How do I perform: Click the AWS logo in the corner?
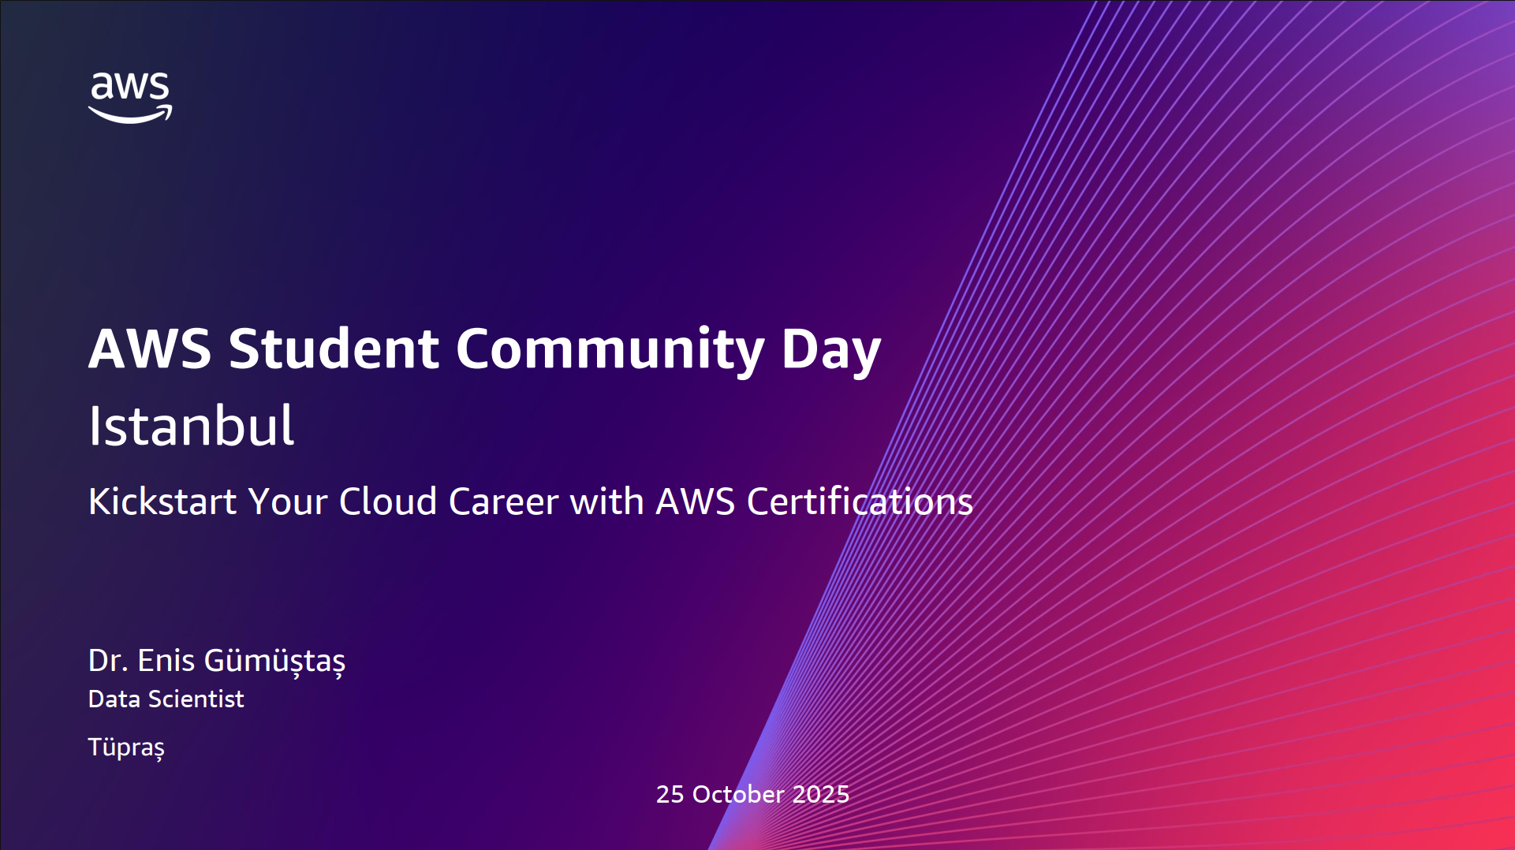point(130,97)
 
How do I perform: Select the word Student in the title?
point(334,349)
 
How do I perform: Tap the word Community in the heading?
point(610,350)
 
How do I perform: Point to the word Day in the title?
point(831,350)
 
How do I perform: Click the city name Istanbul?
point(191,426)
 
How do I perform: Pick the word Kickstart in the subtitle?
point(162,501)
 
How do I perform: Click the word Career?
point(504,501)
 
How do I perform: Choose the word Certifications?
point(860,501)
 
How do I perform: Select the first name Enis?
point(166,661)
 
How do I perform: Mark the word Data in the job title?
point(114,699)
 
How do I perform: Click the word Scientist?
point(196,699)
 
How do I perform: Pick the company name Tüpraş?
point(126,747)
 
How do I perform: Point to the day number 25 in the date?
point(670,794)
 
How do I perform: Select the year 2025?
point(821,794)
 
